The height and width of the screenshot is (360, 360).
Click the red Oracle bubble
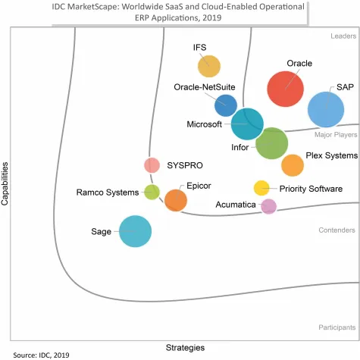point(286,89)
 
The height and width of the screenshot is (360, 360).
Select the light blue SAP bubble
point(327,109)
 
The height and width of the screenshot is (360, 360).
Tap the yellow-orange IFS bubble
point(209,67)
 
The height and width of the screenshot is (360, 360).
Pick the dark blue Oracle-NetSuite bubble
point(226,105)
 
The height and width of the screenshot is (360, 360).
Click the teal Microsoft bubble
point(248,123)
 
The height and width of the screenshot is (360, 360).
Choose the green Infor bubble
point(271,143)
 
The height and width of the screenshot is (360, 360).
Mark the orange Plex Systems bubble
point(292,164)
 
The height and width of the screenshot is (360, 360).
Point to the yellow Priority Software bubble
point(261,188)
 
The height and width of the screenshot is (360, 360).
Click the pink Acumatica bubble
point(268,205)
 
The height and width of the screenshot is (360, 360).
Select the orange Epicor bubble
point(176,200)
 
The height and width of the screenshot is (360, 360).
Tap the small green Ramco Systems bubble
point(152,192)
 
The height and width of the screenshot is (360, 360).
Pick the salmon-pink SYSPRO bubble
point(152,165)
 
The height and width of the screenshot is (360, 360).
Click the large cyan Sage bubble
point(136,231)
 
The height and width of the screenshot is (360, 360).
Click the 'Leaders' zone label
point(343,36)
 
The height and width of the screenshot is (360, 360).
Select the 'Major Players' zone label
point(335,134)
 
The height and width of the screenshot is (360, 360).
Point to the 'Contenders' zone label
point(337,230)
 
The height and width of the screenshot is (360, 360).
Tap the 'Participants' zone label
point(337,327)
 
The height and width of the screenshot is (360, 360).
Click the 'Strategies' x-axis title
point(185,347)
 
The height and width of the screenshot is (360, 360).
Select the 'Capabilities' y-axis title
point(6,182)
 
